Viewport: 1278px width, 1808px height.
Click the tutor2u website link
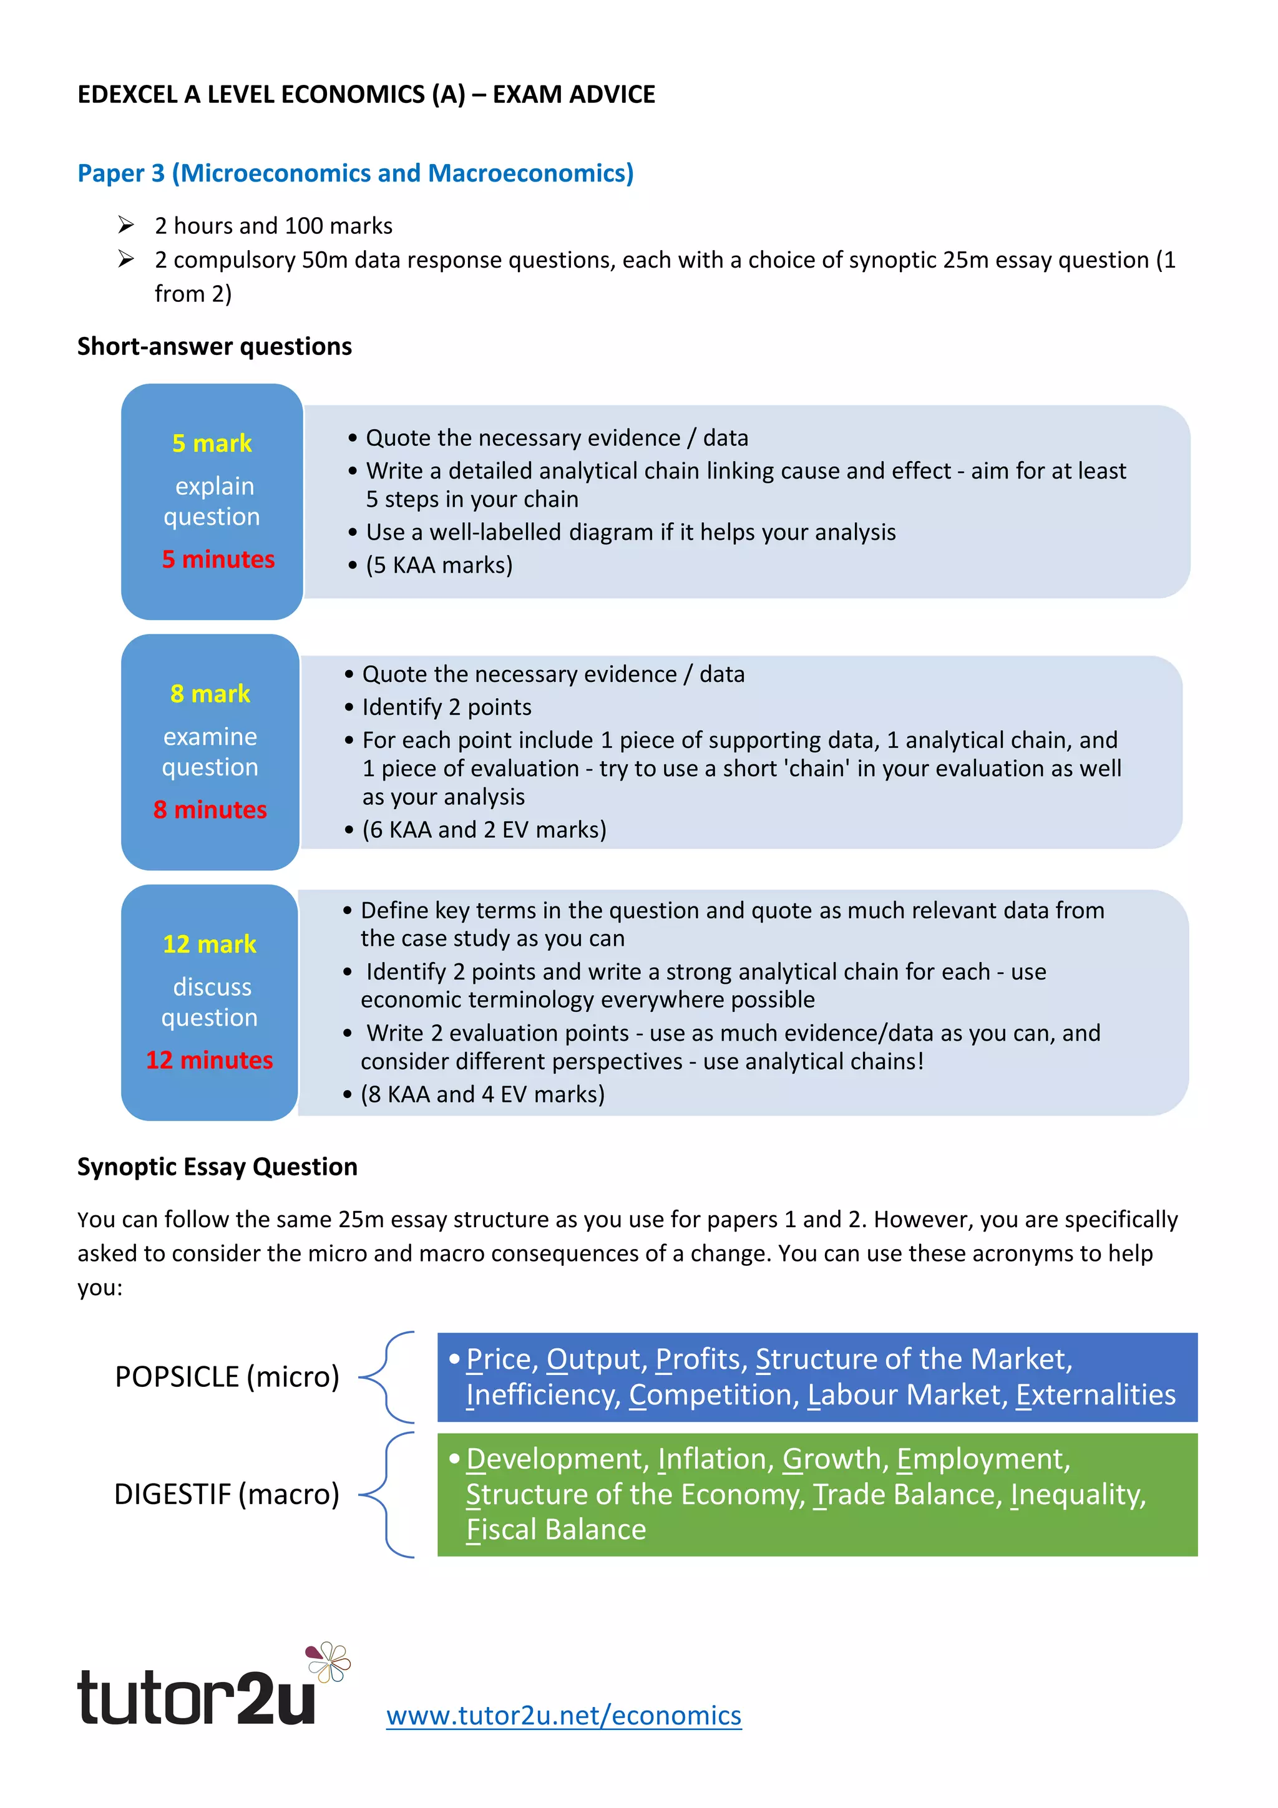pyautogui.click(x=563, y=1714)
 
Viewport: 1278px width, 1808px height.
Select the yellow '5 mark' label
pyautogui.click(x=212, y=444)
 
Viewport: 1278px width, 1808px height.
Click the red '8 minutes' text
pyautogui.click(x=210, y=810)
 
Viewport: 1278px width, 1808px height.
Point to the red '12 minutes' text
pyautogui.click(x=210, y=1060)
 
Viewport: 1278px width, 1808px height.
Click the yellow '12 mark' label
pyautogui.click(x=210, y=944)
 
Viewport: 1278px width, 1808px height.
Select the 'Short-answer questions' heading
pyautogui.click(x=214, y=346)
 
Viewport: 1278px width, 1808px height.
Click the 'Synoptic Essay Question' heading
pyautogui.click(x=217, y=1166)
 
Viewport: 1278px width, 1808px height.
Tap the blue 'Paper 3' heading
pyautogui.click(x=355, y=173)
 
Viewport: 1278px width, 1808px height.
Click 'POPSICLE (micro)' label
pyautogui.click(x=227, y=1376)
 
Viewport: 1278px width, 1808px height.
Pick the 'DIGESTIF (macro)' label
pyautogui.click(x=227, y=1494)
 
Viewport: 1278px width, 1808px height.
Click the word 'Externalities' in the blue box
pyautogui.click(x=1095, y=1394)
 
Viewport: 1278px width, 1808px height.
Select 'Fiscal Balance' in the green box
pyautogui.click(x=556, y=1529)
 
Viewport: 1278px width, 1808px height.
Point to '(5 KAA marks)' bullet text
pyautogui.click(x=439, y=565)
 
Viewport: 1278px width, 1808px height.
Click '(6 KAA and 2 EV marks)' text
pyautogui.click(x=484, y=829)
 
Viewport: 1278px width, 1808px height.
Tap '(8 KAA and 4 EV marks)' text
pyautogui.click(x=483, y=1094)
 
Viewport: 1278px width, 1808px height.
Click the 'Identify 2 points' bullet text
pyautogui.click(x=446, y=707)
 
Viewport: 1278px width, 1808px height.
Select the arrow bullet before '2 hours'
pyautogui.click(x=126, y=225)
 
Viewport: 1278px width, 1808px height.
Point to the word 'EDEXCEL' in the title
pyautogui.click(x=127, y=94)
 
